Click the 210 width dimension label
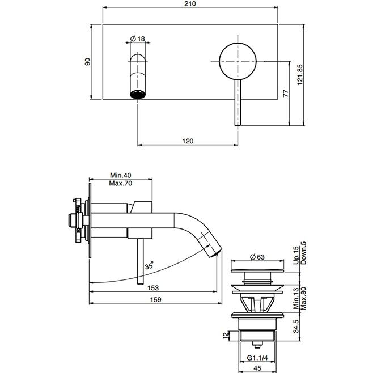tap(190, 3)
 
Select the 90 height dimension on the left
tap(87, 62)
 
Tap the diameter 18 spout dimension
tap(138, 39)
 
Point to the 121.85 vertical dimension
tap(300, 74)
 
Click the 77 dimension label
tap(286, 93)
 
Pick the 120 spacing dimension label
tap(188, 141)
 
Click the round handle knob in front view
tap(238, 62)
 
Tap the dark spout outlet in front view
tap(138, 94)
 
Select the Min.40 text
tap(120, 175)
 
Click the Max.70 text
tap(120, 183)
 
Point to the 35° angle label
tap(149, 265)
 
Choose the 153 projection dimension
tap(153, 288)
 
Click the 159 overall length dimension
tap(155, 299)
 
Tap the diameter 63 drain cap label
tap(257, 257)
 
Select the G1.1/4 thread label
tap(257, 358)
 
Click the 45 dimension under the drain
tap(257, 368)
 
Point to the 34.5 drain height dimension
tap(296, 326)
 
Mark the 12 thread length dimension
tap(226, 336)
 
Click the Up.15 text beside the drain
tap(296, 255)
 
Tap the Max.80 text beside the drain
tap(303, 299)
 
